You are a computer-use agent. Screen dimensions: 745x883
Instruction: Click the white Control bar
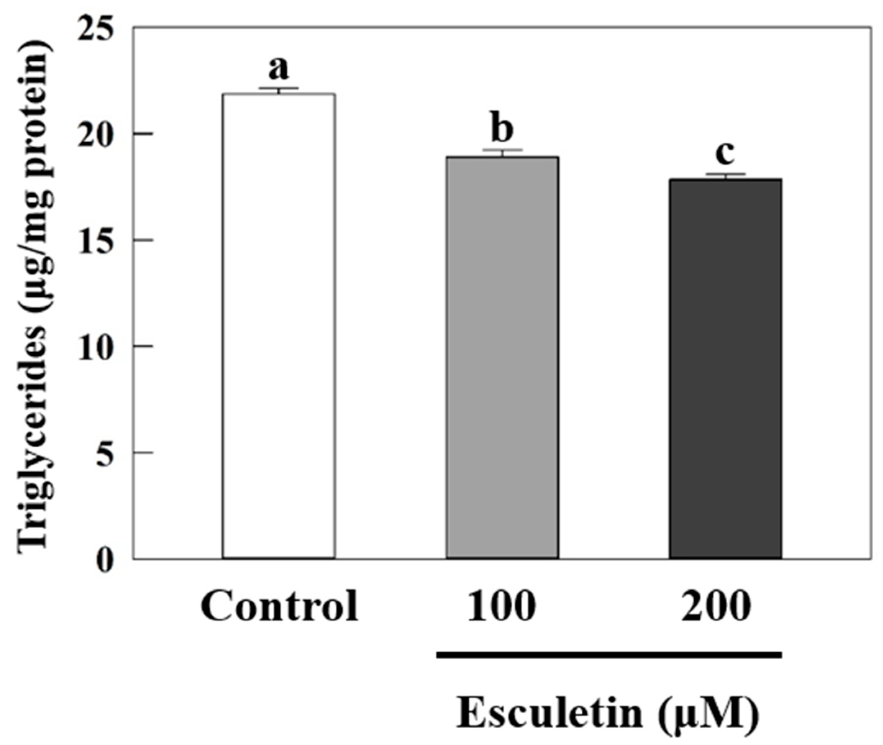tap(279, 325)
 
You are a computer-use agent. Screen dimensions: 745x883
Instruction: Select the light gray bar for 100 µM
tap(503, 357)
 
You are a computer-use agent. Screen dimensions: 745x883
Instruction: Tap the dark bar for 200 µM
tap(725, 367)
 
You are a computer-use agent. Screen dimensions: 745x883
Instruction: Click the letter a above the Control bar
tap(279, 69)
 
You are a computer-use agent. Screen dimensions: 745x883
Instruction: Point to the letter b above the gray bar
tap(502, 129)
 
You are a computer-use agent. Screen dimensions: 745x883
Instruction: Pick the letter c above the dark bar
tap(725, 154)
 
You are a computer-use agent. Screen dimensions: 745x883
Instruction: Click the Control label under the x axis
tap(280, 606)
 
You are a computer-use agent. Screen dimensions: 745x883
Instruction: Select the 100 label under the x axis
tap(501, 606)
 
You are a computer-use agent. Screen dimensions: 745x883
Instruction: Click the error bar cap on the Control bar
tap(279, 88)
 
